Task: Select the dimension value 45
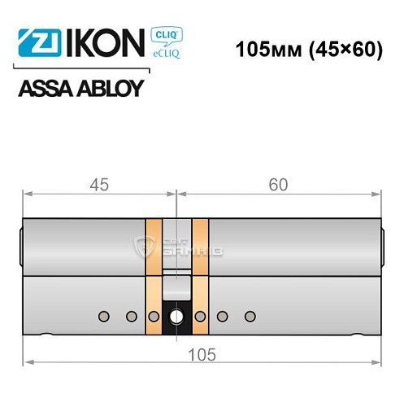(x=101, y=185)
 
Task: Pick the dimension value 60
(x=279, y=185)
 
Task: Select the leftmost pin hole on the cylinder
(x=103, y=315)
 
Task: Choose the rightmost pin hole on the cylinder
(x=250, y=315)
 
